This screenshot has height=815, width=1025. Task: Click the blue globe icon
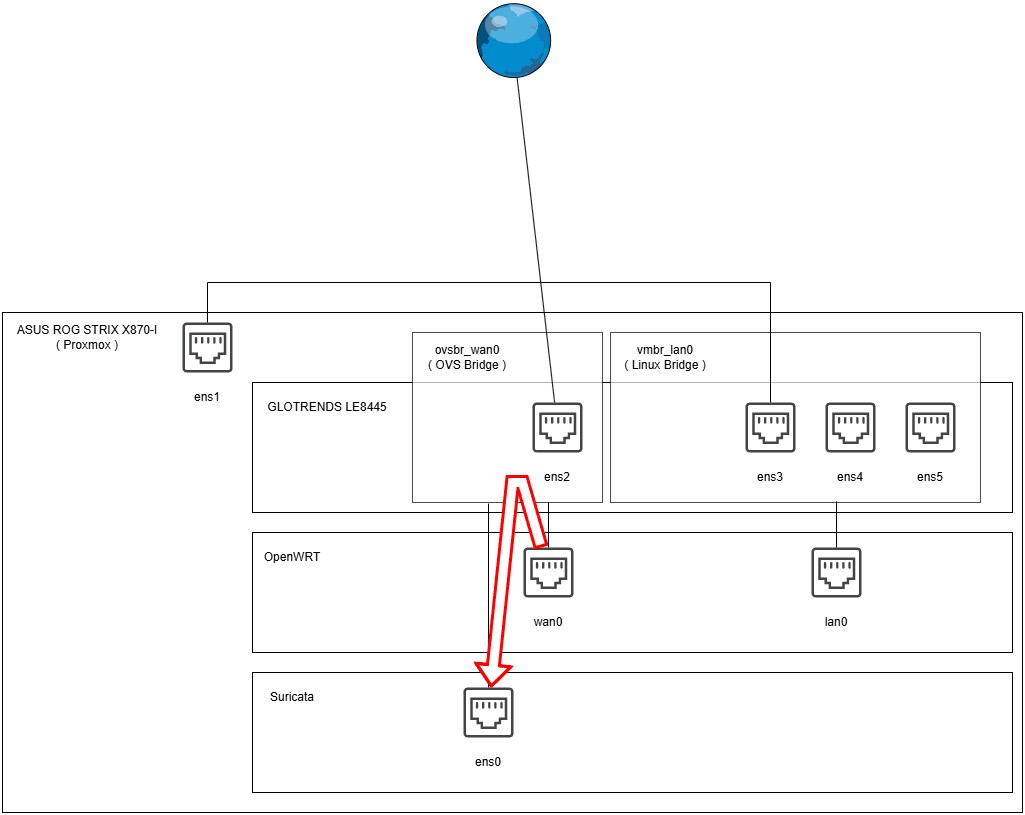click(x=514, y=40)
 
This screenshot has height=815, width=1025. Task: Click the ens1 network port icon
click(x=207, y=347)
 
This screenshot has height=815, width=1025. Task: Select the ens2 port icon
click(x=557, y=428)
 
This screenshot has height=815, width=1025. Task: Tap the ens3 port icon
click(x=770, y=428)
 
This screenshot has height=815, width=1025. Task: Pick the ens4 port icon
click(x=850, y=428)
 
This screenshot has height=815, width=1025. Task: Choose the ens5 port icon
click(x=930, y=428)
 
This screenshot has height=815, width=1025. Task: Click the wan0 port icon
click(x=548, y=573)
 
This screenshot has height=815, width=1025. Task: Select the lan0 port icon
click(x=836, y=573)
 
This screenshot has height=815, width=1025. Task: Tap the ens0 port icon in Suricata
click(x=488, y=713)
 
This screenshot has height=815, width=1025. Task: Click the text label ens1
click(x=207, y=396)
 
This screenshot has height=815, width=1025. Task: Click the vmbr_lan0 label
click(x=665, y=349)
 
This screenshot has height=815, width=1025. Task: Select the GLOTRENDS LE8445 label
click(x=327, y=407)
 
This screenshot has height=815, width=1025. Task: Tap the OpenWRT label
click(x=292, y=557)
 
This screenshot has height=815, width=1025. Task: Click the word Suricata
click(x=292, y=697)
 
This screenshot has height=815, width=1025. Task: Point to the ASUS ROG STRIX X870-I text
click(x=87, y=329)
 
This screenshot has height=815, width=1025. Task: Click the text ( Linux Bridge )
click(x=665, y=365)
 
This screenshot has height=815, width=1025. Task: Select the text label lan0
click(x=836, y=622)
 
